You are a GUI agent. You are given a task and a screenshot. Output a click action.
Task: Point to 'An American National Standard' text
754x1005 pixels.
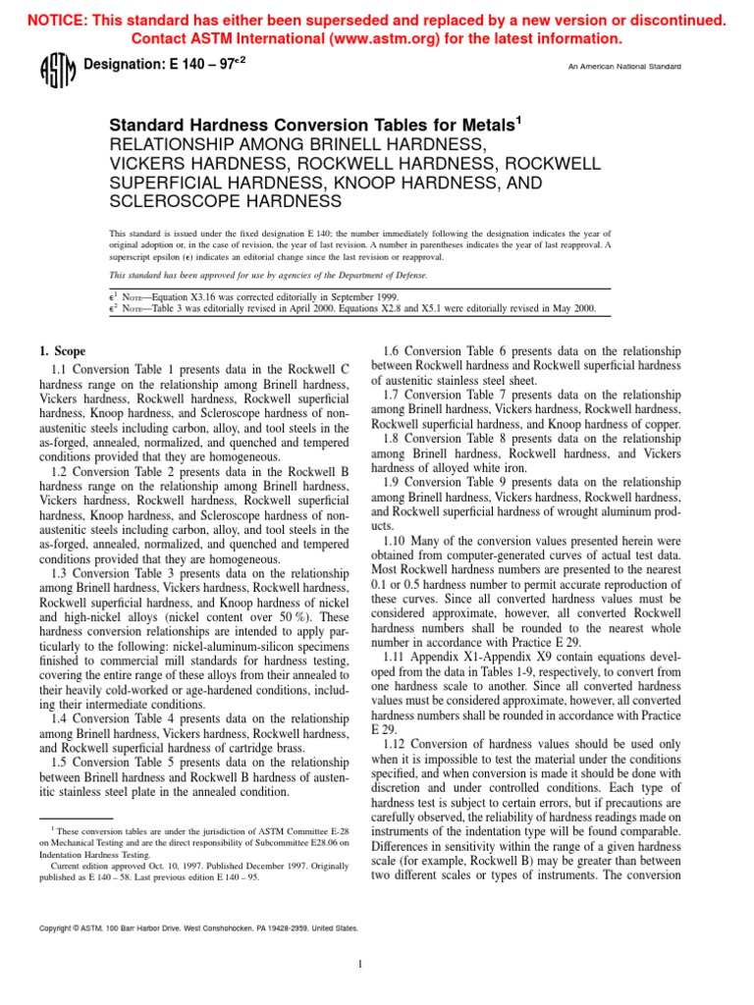(x=625, y=67)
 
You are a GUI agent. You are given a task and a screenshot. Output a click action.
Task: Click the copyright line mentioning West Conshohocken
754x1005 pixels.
(x=197, y=927)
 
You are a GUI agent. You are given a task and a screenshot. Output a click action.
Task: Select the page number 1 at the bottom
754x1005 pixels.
(x=360, y=964)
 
